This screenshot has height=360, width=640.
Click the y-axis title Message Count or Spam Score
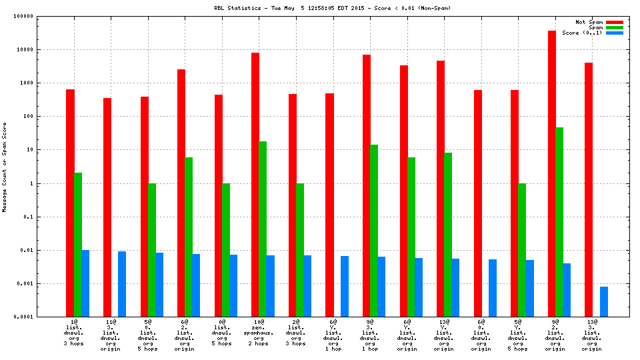coord(5,167)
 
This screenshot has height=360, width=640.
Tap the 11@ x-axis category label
coord(110,322)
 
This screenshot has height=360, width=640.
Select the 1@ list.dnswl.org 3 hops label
coord(73,333)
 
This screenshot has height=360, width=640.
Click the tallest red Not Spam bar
coord(552,173)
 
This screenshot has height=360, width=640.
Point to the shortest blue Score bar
coord(603,301)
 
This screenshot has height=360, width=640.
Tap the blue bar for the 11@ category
coord(122,284)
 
